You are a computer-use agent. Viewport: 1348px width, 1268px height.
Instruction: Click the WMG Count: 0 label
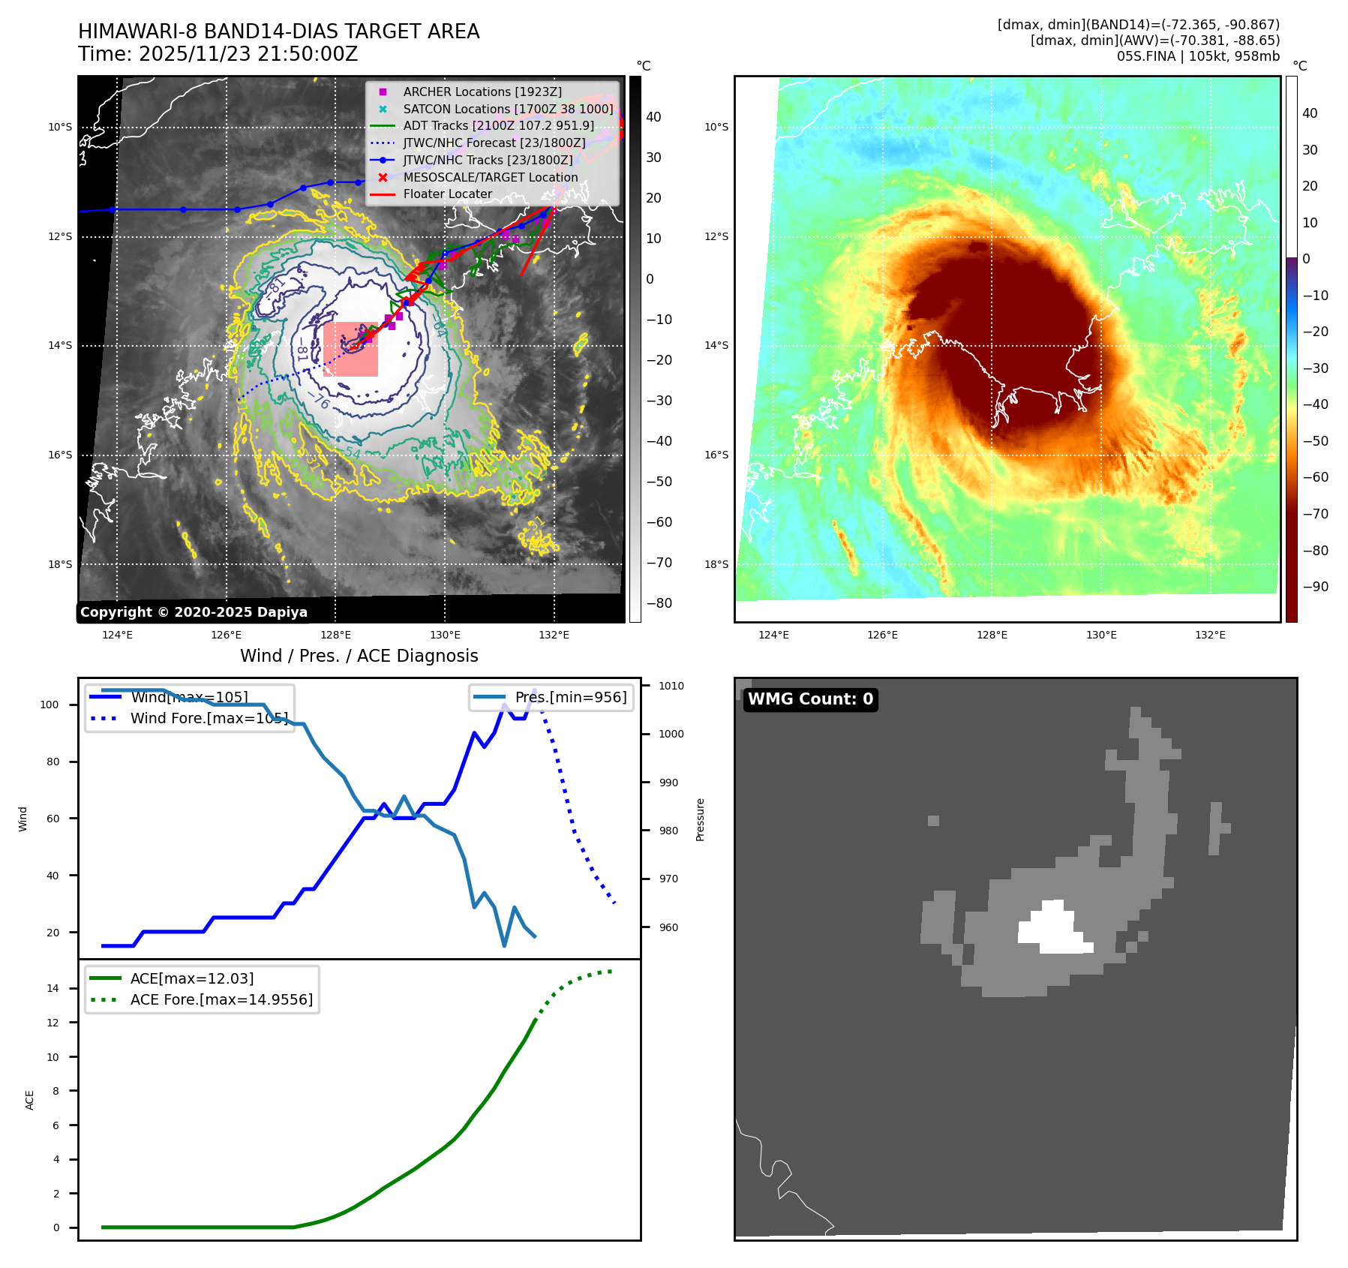[810, 699]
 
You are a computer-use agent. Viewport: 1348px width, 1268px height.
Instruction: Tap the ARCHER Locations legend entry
[482, 92]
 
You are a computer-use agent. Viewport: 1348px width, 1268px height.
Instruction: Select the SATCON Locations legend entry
[507, 109]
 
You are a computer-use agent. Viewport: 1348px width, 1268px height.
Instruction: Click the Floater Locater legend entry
[447, 194]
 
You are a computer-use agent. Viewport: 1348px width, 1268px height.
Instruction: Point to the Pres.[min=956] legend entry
[570, 697]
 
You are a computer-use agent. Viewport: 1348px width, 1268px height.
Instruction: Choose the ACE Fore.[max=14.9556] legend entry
[221, 999]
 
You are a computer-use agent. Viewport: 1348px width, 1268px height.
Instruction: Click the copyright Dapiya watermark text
[194, 612]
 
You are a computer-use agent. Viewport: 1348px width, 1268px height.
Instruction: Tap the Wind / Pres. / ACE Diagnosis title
[359, 656]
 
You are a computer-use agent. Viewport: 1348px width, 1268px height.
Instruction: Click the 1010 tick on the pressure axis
[671, 686]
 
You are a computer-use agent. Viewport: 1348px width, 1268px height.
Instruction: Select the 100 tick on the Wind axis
[50, 705]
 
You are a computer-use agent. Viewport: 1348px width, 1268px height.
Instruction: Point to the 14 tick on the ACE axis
[53, 988]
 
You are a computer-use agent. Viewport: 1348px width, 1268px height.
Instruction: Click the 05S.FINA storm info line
[1198, 56]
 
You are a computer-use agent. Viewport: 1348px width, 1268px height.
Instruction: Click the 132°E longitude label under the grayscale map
[554, 635]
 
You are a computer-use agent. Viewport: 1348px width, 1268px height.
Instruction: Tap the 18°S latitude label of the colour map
[716, 564]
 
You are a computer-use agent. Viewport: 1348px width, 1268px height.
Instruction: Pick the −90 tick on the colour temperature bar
[1315, 587]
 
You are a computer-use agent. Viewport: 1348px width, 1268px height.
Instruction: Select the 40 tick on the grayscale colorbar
[653, 117]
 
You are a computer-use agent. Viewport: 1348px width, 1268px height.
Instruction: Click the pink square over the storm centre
[350, 350]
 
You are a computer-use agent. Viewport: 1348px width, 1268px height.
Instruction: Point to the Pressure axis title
[701, 819]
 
